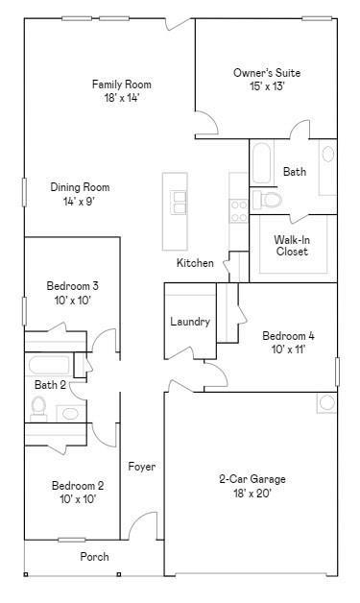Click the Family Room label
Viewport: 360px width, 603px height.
(x=122, y=84)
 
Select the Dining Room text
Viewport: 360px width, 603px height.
(x=80, y=188)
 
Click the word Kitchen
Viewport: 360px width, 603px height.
(x=195, y=263)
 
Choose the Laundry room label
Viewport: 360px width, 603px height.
(x=190, y=322)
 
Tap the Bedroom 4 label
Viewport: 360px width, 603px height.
(x=289, y=336)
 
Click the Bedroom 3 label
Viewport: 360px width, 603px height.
(x=72, y=286)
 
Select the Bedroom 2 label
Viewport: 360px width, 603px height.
(x=78, y=486)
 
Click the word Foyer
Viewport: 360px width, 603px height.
(x=142, y=467)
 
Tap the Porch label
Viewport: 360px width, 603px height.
(x=94, y=557)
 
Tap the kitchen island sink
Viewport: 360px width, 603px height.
(x=179, y=202)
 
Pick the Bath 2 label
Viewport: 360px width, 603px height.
(x=50, y=385)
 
